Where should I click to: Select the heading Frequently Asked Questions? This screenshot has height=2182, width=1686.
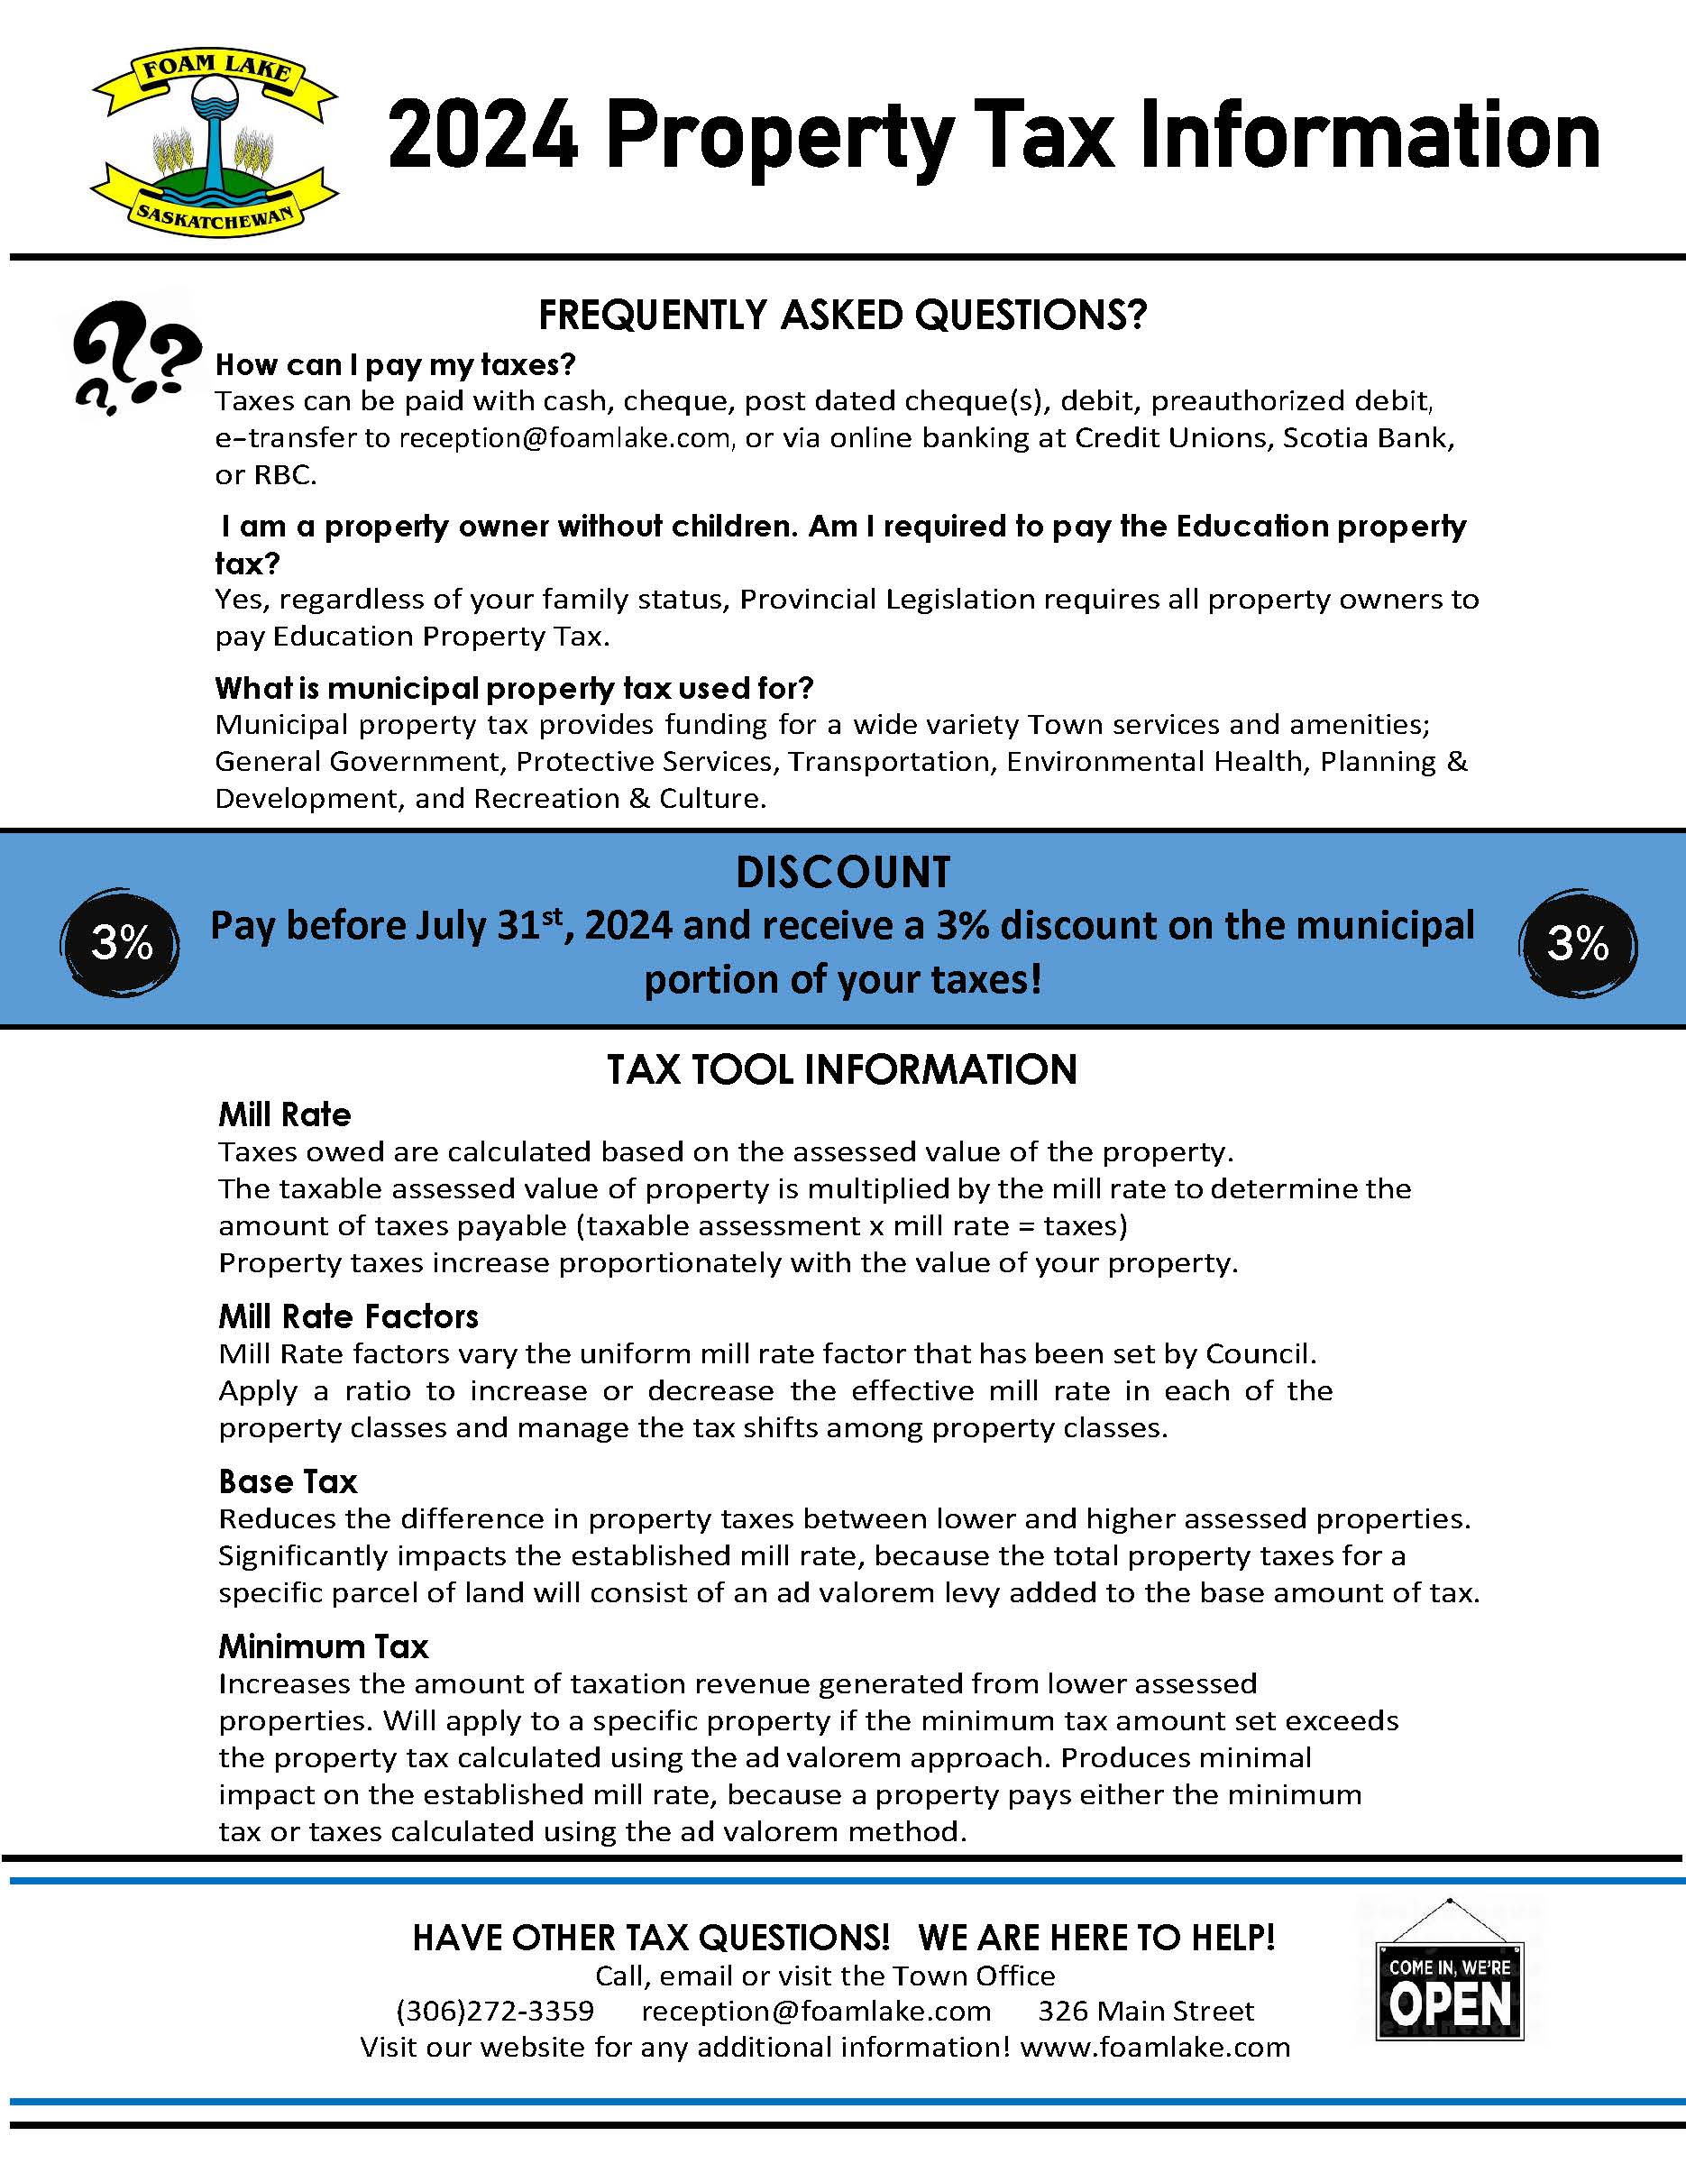[842, 316]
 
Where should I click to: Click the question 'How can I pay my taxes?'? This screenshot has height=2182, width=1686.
[396, 364]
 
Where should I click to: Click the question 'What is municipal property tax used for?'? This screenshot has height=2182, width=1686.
[515, 688]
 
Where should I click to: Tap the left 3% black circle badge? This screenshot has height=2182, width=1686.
[121, 943]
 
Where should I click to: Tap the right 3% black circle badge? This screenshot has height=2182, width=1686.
[1577, 943]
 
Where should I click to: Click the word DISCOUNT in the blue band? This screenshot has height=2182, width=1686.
[843, 873]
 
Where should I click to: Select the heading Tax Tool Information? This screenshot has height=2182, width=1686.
[842, 1070]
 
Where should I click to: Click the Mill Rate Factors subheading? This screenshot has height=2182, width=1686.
[349, 1316]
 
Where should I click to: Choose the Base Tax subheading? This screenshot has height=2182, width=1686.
[288, 1481]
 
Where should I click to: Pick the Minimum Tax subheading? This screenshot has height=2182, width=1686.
[324, 1646]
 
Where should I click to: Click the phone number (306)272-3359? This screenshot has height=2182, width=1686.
[495, 2012]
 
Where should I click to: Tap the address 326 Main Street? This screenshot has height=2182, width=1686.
[1146, 2012]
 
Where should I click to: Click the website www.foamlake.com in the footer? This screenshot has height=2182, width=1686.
[1155, 2049]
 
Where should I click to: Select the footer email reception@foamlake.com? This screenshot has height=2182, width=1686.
[816, 2012]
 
